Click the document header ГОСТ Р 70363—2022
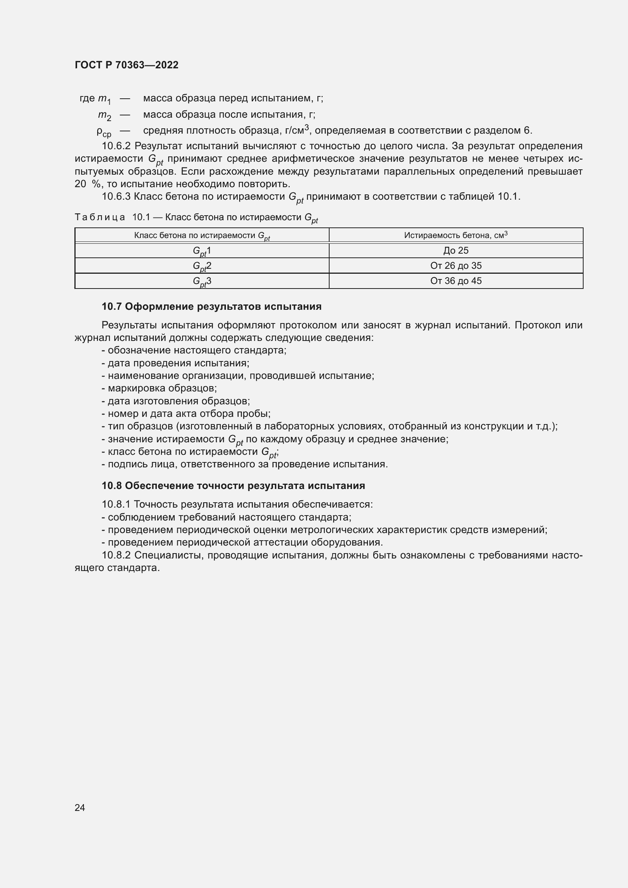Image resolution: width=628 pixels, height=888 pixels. click(x=126, y=65)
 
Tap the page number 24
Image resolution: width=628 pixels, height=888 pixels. click(x=80, y=807)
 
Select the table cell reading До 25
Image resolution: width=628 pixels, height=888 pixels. click(x=456, y=251)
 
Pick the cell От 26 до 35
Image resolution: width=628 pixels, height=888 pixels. click(x=456, y=266)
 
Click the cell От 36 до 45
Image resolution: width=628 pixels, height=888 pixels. click(x=456, y=281)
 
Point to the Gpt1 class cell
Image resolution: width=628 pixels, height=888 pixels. click(x=202, y=251)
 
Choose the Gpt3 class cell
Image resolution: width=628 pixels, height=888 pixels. click(x=202, y=282)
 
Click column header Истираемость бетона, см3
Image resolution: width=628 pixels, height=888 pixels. click(x=456, y=235)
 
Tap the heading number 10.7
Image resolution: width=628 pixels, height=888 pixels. click(x=112, y=307)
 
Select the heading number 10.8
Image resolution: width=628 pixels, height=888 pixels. click(x=112, y=486)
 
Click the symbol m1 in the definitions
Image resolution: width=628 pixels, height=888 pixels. click(x=104, y=99)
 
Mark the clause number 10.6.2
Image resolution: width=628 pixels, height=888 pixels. click(x=117, y=146)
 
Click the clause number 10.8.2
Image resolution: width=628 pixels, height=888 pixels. click(x=117, y=555)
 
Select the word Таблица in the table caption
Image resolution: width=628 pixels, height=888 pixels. click(x=100, y=218)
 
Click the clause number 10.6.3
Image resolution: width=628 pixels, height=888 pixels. click(x=117, y=197)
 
